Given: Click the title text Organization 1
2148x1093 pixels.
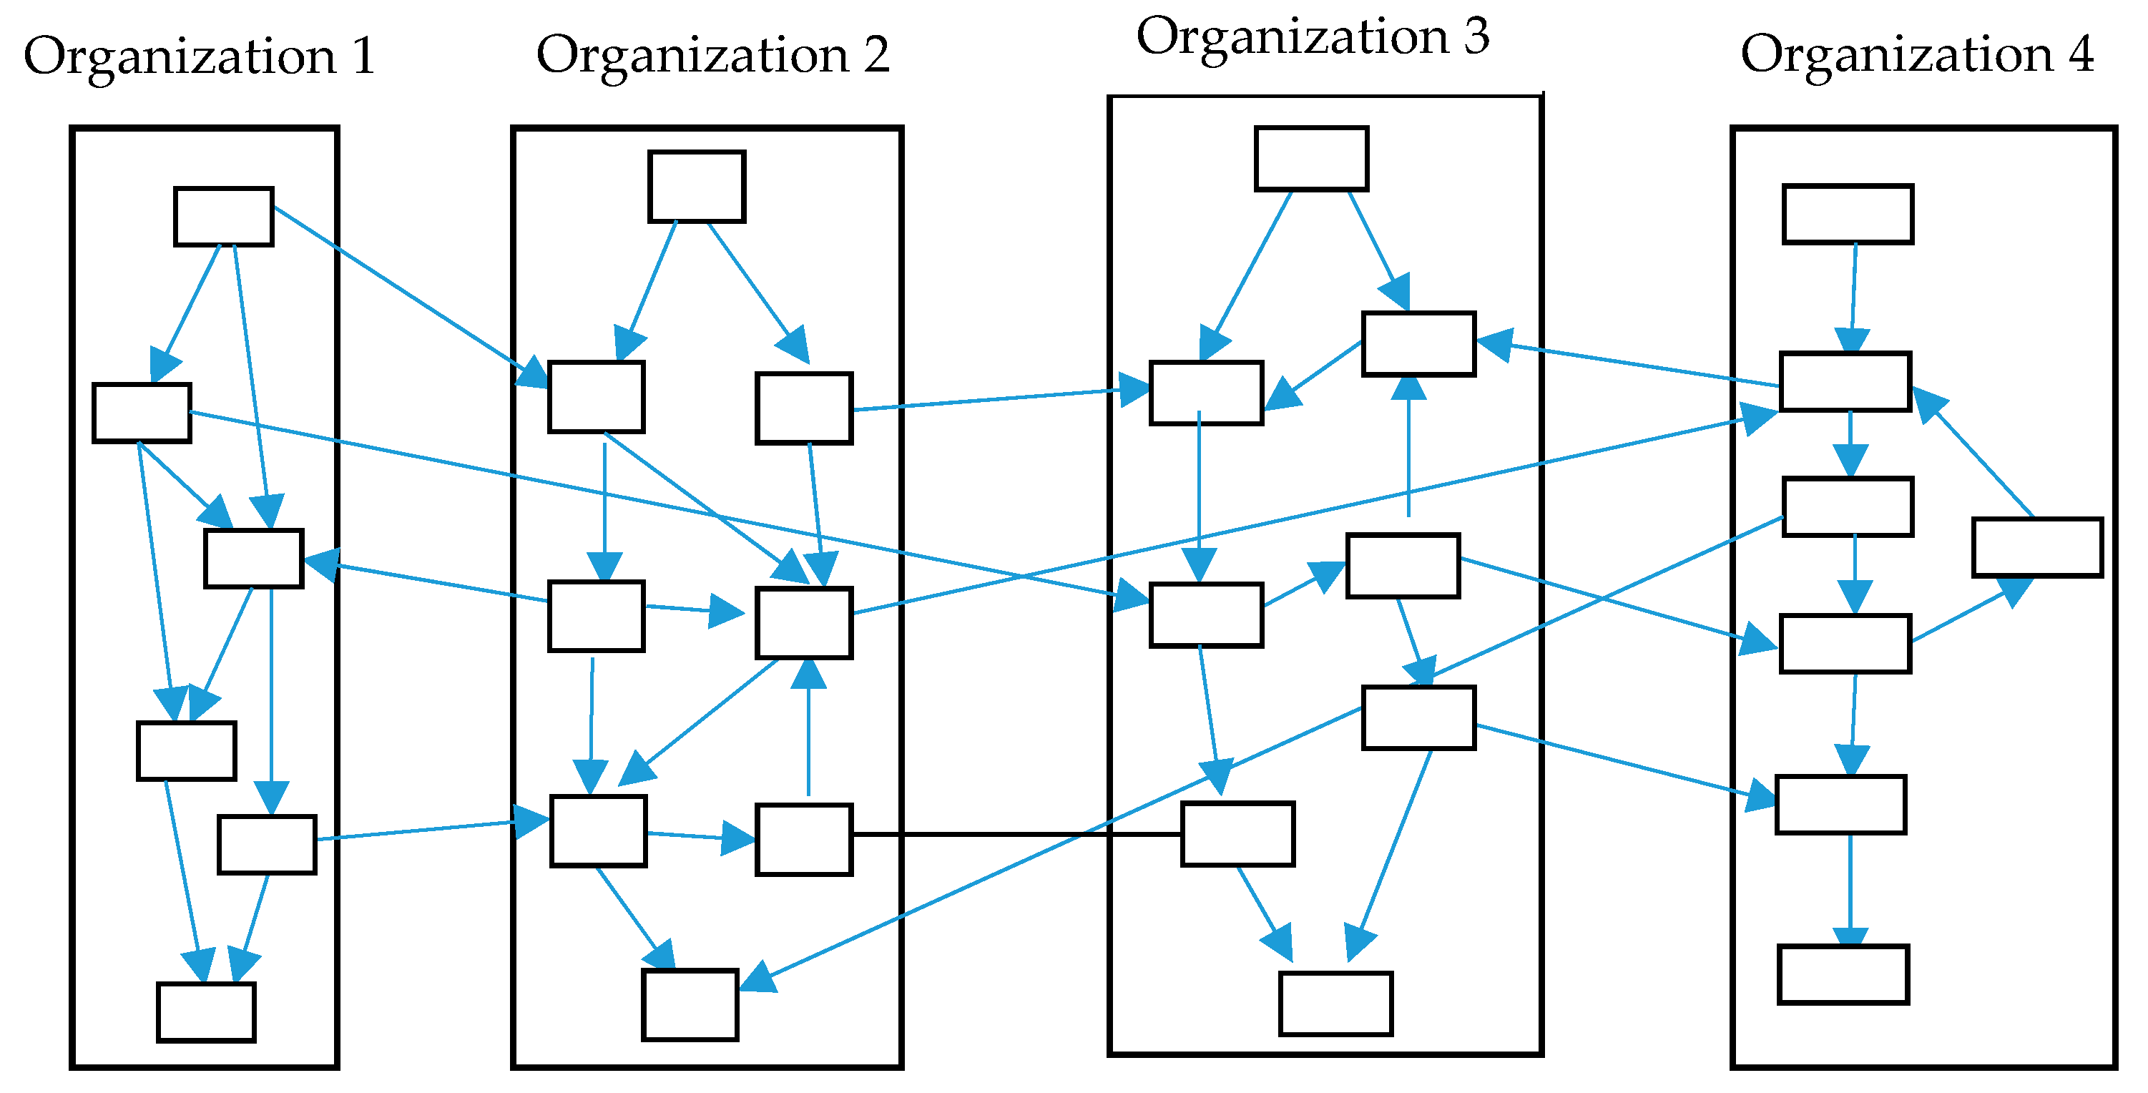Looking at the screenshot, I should tap(200, 57).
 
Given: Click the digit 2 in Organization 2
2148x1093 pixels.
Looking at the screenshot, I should tap(876, 56).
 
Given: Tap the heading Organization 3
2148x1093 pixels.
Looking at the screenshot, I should tap(1313, 37).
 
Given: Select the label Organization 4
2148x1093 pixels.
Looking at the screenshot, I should tap(1917, 55).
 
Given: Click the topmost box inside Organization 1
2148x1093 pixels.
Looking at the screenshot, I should tap(223, 217).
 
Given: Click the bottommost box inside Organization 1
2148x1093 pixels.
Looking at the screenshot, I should tap(206, 1012).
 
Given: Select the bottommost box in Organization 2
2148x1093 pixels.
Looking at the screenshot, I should tap(690, 1004).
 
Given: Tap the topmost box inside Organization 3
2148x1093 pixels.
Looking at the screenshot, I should tap(1311, 158).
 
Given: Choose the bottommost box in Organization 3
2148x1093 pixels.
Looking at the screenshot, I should tap(1336, 1004).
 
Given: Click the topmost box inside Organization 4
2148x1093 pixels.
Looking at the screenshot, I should tap(1848, 215).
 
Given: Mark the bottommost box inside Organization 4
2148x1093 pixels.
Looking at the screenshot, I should tap(1843, 974).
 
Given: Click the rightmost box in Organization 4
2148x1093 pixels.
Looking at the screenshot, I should tap(2037, 547).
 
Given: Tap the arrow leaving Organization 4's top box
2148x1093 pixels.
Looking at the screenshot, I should tap(1853, 292).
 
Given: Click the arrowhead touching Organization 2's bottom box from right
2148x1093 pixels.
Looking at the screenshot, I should tap(757, 977).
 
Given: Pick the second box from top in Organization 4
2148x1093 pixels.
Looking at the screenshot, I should tap(1845, 382).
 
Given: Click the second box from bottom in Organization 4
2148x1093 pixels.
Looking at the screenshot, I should tap(1840, 805).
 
